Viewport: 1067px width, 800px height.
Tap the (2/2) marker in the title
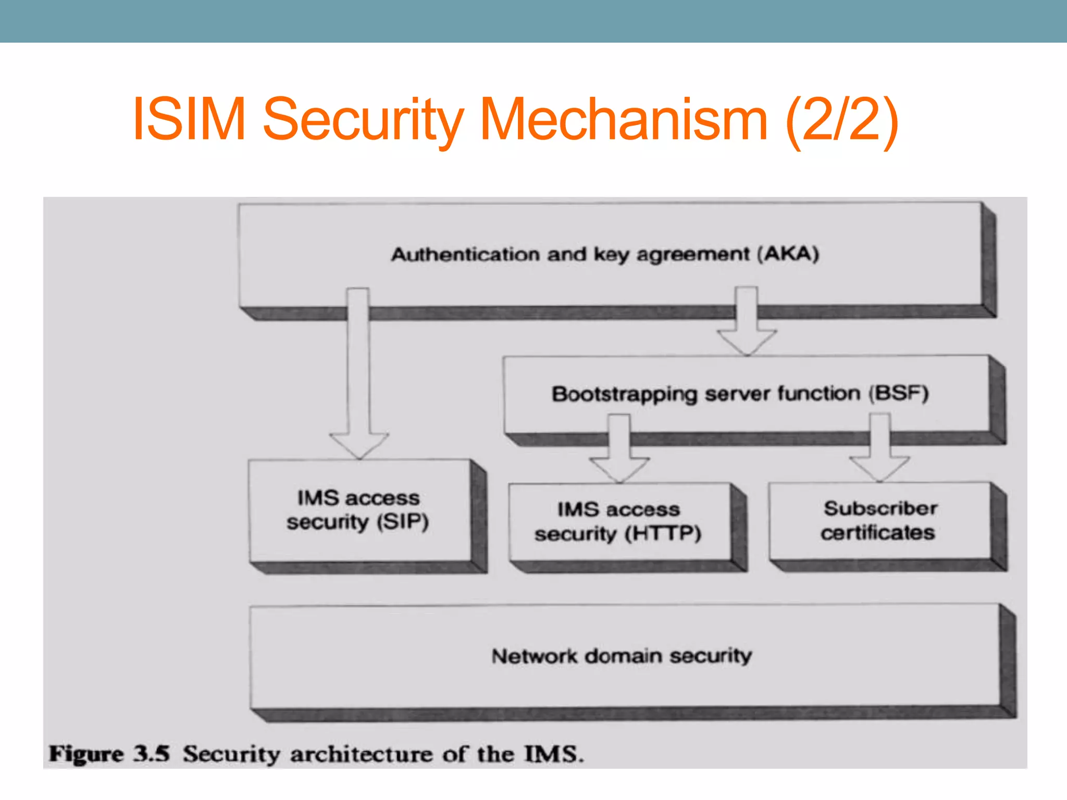(x=841, y=120)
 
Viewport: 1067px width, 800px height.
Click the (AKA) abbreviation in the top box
(x=788, y=254)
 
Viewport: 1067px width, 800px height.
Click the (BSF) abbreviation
(x=898, y=393)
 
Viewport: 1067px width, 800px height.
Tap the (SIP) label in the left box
(x=403, y=522)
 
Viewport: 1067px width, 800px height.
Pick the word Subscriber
(x=880, y=508)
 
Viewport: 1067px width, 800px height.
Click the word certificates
(x=878, y=533)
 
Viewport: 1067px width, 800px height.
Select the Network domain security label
(x=622, y=656)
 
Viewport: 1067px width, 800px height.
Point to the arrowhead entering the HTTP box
(x=619, y=469)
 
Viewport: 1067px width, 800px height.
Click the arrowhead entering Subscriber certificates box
(x=879, y=468)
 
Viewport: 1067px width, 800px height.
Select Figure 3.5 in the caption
(x=109, y=754)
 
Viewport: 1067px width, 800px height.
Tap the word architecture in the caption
(x=361, y=754)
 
